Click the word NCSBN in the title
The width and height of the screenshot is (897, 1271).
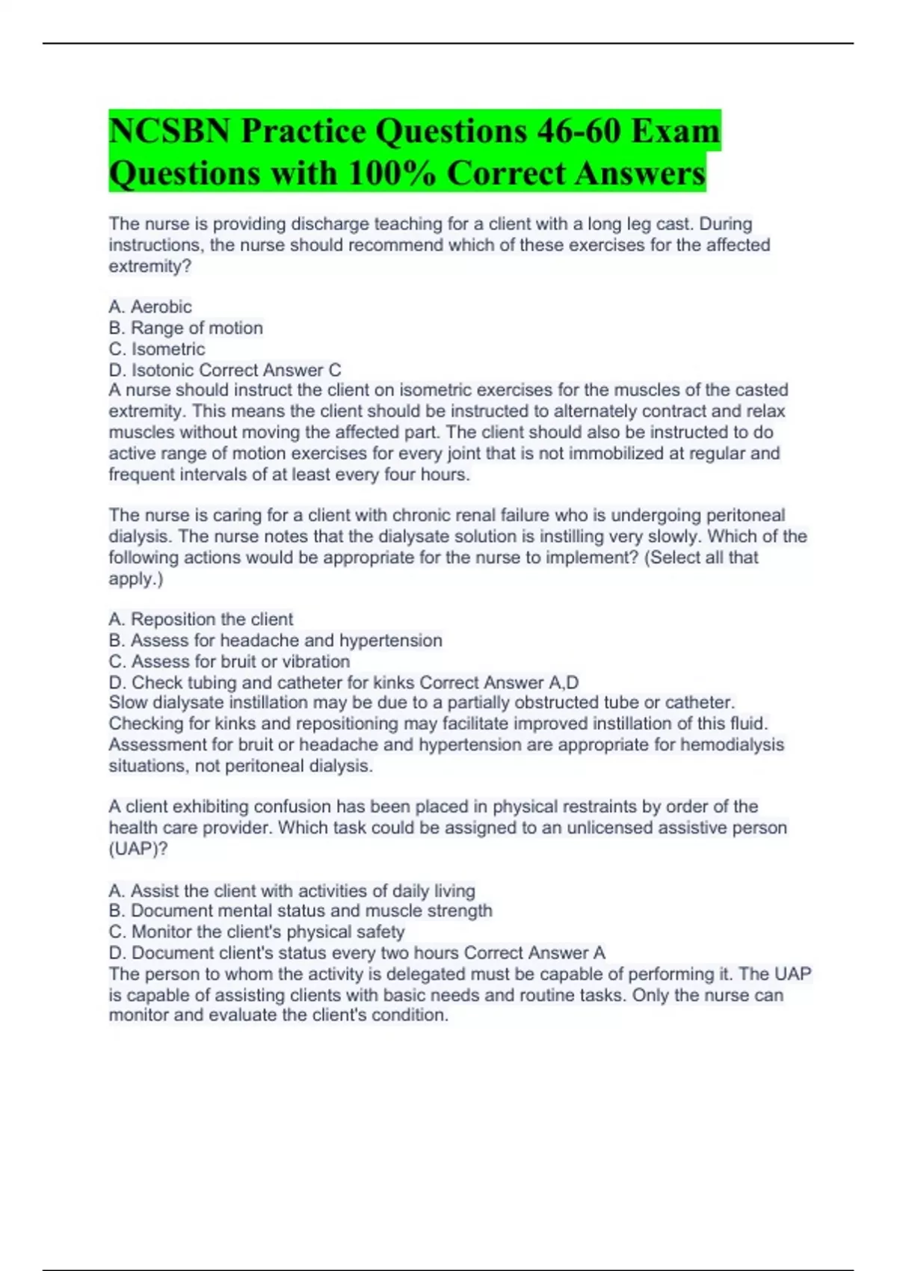[169, 132]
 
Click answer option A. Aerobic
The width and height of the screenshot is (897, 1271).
[150, 307]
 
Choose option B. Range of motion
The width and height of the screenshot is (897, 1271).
[185, 327]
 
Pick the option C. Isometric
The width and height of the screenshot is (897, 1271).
[157, 348]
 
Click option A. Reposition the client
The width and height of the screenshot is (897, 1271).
[200, 619]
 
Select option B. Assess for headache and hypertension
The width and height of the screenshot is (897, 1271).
[275, 640]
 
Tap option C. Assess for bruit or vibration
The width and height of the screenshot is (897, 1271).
[229, 661]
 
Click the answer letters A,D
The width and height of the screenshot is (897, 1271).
[564, 682]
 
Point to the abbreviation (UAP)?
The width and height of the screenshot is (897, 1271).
[138, 849]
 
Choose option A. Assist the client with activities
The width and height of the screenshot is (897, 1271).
[292, 890]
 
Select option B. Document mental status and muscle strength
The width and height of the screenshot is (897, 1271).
[300, 911]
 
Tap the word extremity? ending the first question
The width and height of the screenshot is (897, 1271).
[150, 266]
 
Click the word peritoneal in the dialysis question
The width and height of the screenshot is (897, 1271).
[745, 515]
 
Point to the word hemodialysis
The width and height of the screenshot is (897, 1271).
[732, 745]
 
